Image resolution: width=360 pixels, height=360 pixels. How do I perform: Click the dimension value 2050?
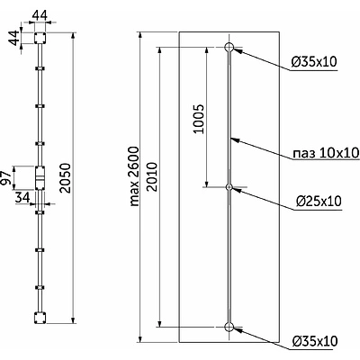click(x=65, y=178)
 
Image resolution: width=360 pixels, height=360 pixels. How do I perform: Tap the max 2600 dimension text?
click(x=135, y=176)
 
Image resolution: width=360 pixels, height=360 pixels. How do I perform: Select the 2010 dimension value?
click(x=152, y=176)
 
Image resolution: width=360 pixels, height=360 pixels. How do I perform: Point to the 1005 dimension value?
click(x=199, y=119)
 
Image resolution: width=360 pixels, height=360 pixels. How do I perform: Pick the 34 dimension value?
click(x=22, y=197)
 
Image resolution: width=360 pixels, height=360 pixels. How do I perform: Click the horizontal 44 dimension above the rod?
click(x=40, y=15)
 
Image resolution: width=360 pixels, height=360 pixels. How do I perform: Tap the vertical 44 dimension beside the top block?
click(x=13, y=39)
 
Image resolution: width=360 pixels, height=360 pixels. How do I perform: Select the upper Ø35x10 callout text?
click(x=314, y=61)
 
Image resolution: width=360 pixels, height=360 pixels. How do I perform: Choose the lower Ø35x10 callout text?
click(x=314, y=341)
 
